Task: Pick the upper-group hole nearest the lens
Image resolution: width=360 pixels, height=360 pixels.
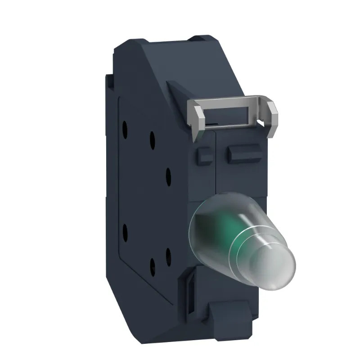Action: pyautogui.click(x=168, y=176)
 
